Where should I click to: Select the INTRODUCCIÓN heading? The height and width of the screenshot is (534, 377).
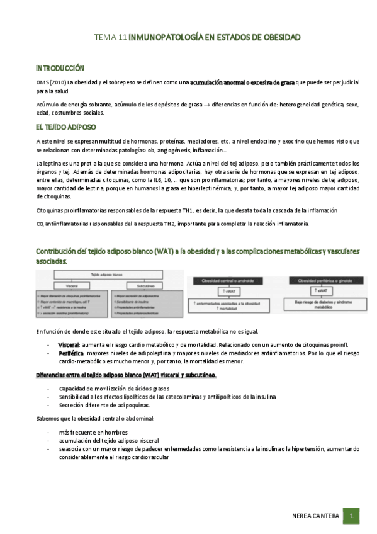pos(60,68)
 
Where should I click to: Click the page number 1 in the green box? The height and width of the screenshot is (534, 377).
pos(351,516)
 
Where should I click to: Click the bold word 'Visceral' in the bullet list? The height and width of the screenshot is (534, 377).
pos(68,346)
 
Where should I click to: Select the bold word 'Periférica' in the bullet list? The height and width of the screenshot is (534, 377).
pos(70,354)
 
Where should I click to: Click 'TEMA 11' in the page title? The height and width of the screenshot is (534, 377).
pos(110,38)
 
